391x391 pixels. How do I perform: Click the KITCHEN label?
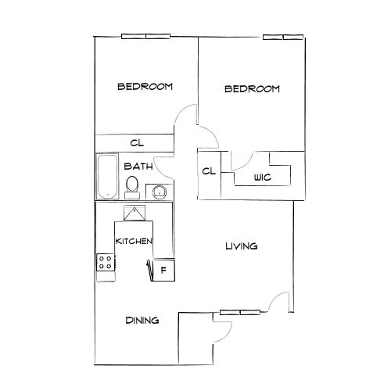(134, 242)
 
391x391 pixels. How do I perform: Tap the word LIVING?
(242, 246)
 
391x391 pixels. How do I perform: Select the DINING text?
(142, 321)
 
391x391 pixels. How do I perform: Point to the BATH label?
(138, 166)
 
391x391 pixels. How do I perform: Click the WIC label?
(262, 178)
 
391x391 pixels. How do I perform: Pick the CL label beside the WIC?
(209, 171)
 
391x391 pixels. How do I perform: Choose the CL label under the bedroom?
(137, 142)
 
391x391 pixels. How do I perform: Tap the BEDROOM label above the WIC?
(252, 89)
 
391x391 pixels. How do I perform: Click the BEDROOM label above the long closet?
(145, 86)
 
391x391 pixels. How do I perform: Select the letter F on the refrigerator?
(163, 271)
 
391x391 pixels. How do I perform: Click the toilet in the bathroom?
(132, 185)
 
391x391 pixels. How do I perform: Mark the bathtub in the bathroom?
(105, 177)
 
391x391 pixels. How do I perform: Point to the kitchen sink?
(135, 213)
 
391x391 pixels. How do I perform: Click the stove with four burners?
(105, 263)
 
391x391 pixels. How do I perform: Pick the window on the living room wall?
(229, 312)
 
